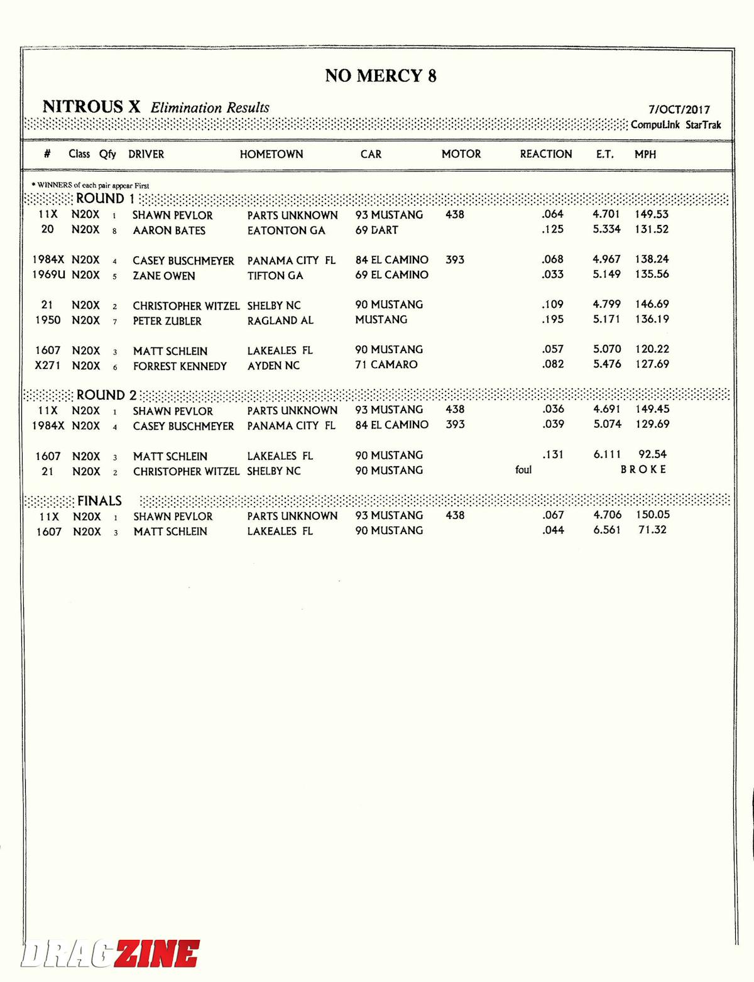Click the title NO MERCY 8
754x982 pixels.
(x=380, y=76)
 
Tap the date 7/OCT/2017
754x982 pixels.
(x=679, y=109)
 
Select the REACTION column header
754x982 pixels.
(x=545, y=154)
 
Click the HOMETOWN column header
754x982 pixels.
(x=271, y=154)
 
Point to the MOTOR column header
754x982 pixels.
(x=461, y=154)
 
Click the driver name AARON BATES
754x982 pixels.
(x=169, y=231)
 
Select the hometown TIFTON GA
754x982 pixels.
(x=275, y=275)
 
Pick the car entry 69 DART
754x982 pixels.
(x=376, y=230)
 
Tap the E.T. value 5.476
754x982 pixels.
(x=607, y=364)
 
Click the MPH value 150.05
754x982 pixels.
(x=652, y=515)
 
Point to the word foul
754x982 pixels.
(x=523, y=470)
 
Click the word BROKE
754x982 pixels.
(x=643, y=469)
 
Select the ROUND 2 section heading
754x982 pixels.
(x=106, y=395)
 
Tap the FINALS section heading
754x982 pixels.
(x=99, y=501)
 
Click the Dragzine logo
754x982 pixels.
(x=111, y=954)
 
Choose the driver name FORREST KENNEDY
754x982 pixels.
(x=180, y=366)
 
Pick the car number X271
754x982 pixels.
(x=48, y=365)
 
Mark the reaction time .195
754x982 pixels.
(x=553, y=319)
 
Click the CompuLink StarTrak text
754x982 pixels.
(x=675, y=124)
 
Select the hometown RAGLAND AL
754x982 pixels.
(x=280, y=320)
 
